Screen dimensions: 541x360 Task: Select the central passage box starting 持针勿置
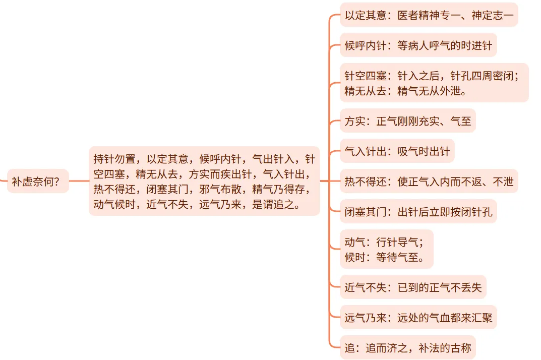coord(204,181)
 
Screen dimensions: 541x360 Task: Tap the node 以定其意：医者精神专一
coord(429,15)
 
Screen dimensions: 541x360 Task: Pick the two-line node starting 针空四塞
coord(434,83)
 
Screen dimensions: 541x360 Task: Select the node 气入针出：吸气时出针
coord(397,151)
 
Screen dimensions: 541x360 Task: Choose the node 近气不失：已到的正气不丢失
coord(413,287)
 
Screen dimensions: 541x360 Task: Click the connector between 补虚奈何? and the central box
coord(79,181)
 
